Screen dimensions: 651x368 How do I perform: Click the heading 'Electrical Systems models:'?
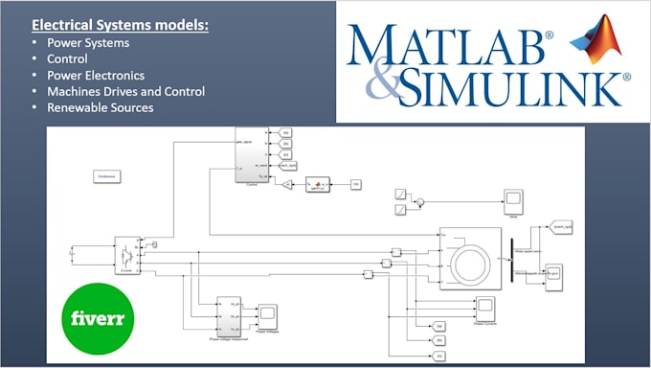click(x=121, y=24)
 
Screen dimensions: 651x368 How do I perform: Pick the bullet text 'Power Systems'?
click(x=87, y=42)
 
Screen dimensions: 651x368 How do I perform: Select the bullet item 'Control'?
click(x=69, y=58)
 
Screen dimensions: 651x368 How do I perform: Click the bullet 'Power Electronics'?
click(x=97, y=75)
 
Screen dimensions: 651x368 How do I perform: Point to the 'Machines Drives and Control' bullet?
click(x=125, y=91)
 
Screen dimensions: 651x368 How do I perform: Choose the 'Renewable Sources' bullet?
click(x=100, y=107)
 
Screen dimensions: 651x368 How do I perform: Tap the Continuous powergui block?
click(x=105, y=175)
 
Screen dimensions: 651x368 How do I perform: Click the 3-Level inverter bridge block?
click(x=125, y=254)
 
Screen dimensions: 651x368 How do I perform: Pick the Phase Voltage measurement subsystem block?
click(x=229, y=315)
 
